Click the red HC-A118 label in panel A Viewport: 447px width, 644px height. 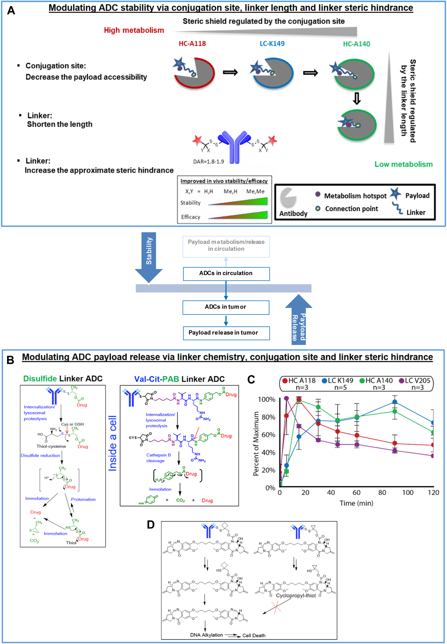tap(192, 44)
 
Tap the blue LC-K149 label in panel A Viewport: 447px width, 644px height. tap(272, 44)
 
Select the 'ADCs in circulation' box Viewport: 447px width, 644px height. tap(226, 273)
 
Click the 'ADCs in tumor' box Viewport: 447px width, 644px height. tap(226, 307)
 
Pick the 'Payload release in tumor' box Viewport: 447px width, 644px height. tap(223, 333)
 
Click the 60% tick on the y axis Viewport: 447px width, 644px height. tap(268, 435)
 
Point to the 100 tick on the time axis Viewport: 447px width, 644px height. tap(408, 492)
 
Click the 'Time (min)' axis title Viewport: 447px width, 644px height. tap(356, 503)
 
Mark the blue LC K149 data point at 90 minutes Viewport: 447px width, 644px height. tap(395, 402)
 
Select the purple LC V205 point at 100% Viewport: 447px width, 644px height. tap(286, 398)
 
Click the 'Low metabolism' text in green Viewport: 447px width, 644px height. tap(403, 164)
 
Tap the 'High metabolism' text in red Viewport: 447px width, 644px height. tap(134, 30)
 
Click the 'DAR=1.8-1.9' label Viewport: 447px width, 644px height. tap(208, 161)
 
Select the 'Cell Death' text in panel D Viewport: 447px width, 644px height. tap(254, 635)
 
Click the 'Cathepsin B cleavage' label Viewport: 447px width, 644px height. tap(158, 458)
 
